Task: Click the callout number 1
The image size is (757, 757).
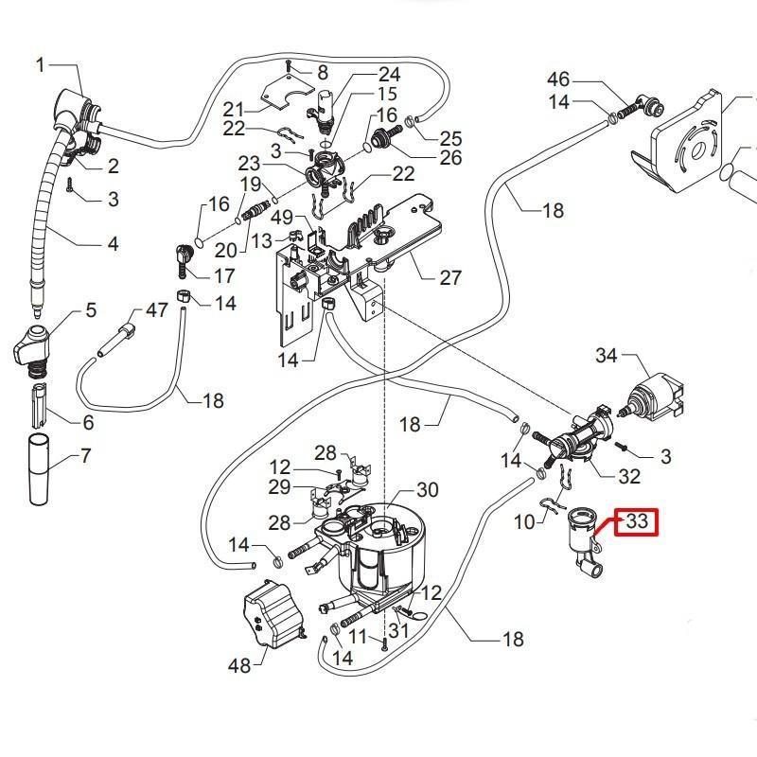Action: pos(41,64)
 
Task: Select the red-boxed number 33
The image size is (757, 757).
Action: pos(637,520)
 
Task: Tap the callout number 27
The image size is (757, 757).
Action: pos(450,277)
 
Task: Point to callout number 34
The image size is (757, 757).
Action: pos(607,356)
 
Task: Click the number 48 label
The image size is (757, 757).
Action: pos(239,666)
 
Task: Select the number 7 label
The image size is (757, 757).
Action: pos(86,457)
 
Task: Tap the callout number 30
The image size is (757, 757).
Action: pos(428,490)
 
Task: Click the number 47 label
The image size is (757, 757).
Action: pos(156,310)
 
